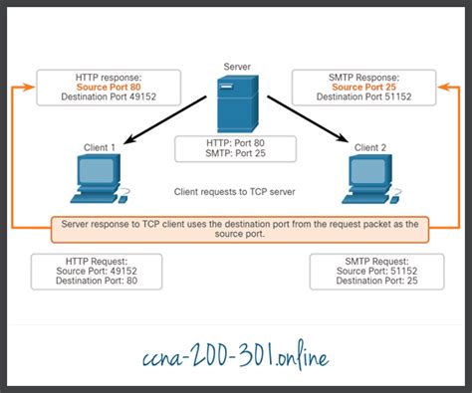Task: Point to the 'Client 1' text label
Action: [x=99, y=147]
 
